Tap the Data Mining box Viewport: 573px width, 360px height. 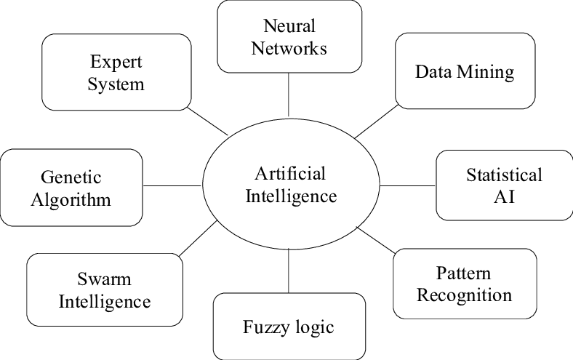[x=465, y=72]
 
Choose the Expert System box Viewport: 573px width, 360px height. [x=116, y=72]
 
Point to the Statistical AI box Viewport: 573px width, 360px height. [x=504, y=185]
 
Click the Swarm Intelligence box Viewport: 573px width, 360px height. [x=104, y=289]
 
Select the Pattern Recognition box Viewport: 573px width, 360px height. [x=464, y=284]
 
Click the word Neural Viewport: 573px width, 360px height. [x=289, y=26]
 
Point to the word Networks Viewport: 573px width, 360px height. [x=289, y=48]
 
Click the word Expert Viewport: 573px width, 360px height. [x=116, y=61]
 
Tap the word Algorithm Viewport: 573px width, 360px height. [x=71, y=199]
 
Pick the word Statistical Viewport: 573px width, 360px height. [x=504, y=175]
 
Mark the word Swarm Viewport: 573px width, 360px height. [x=104, y=278]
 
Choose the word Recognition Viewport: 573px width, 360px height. [x=464, y=295]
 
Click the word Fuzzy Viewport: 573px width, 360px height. [x=265, y=326]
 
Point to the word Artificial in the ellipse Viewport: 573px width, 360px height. [x=290, y=174]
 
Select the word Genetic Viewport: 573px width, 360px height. [x=71, y=177]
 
